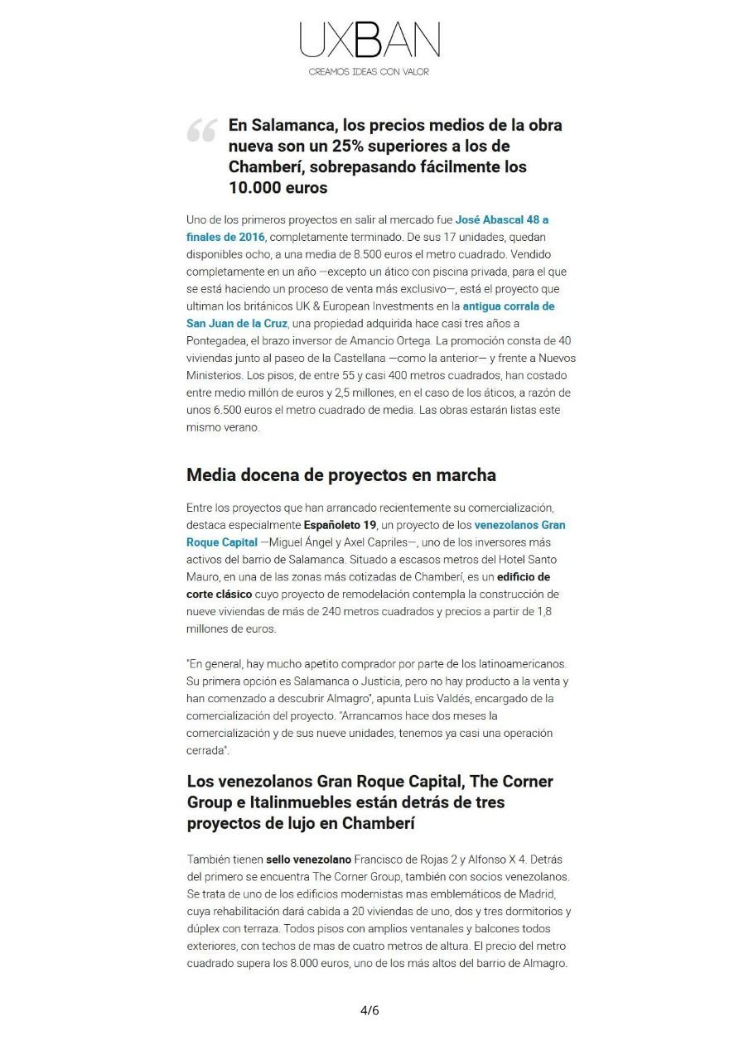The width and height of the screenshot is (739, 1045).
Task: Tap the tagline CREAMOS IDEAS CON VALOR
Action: coord(369,72)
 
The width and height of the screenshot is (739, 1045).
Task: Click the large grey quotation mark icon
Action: coord(201,130)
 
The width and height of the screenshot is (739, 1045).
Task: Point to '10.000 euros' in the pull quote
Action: coord(278,187)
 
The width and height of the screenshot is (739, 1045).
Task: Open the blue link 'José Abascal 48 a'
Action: coord(502,220)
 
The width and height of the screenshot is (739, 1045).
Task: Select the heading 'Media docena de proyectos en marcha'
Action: coord(341,475)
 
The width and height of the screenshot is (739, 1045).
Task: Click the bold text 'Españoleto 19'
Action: coord(341,525)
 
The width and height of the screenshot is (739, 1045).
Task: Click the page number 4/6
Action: coord(369,1010)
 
